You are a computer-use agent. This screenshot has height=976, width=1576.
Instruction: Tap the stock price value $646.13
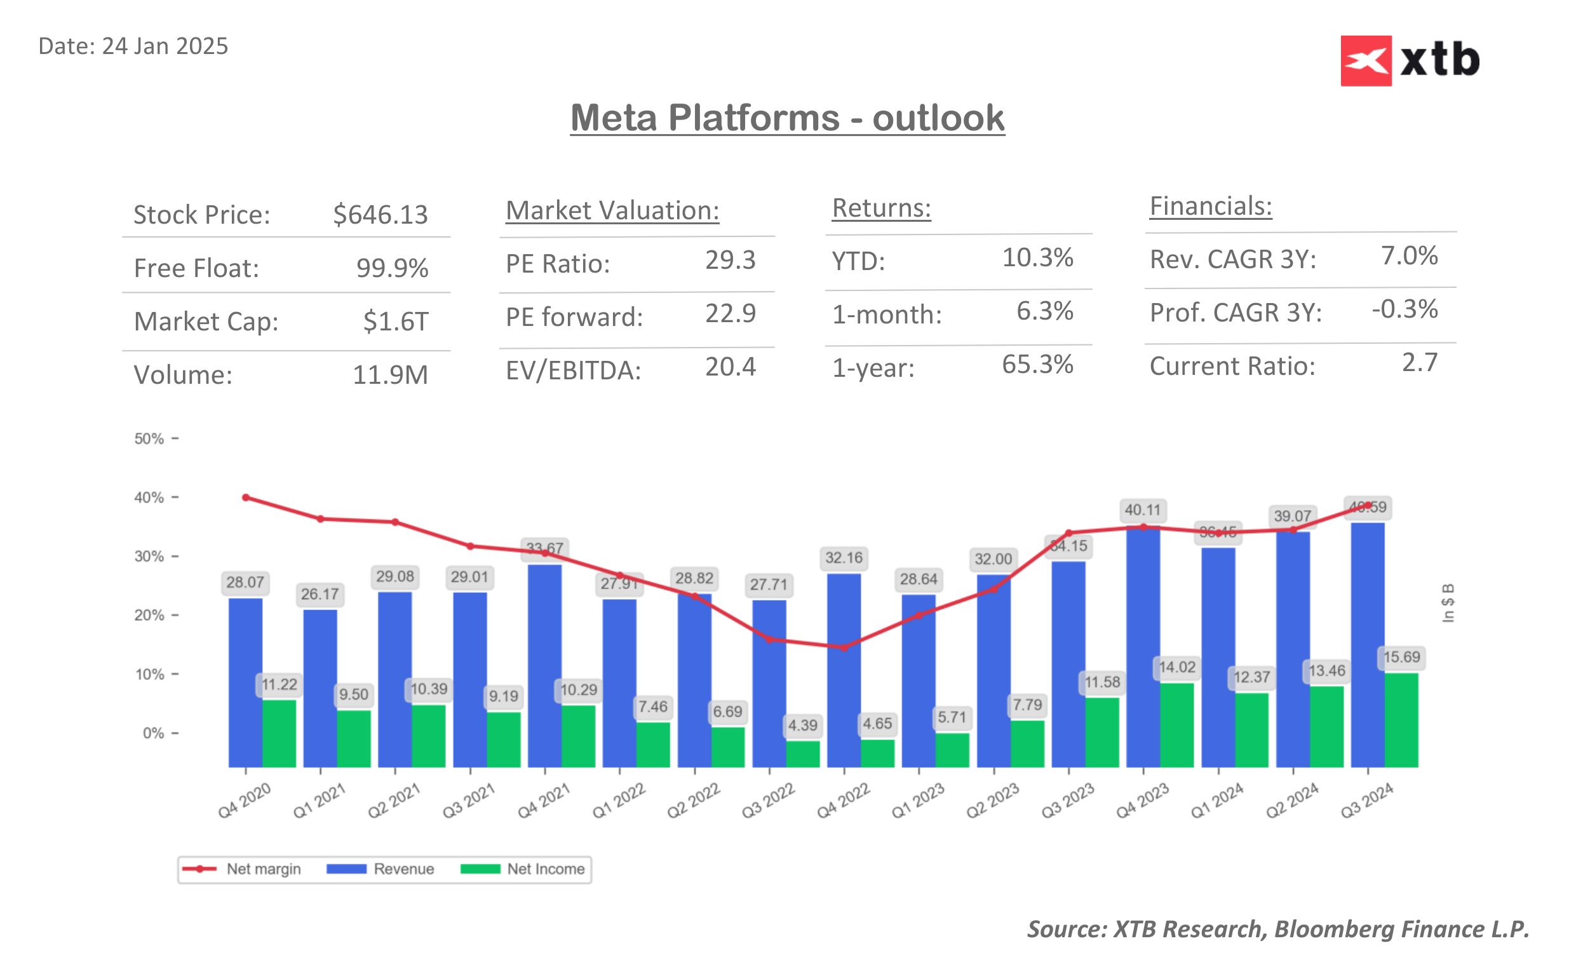[380, 214]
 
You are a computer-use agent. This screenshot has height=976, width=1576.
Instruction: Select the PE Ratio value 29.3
[730, 260]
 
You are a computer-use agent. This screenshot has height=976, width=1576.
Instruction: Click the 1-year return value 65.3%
[1037, 365]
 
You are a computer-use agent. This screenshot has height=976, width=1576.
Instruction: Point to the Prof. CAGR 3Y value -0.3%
[1404, 309]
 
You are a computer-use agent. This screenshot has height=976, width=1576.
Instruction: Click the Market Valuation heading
[612, 210]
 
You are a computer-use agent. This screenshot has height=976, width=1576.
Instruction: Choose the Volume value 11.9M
[389, 375]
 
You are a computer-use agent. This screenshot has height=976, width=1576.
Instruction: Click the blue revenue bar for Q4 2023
[1143, 646]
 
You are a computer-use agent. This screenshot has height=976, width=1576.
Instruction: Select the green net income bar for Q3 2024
[1401, 720]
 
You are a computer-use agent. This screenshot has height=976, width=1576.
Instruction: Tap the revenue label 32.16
[843, 558]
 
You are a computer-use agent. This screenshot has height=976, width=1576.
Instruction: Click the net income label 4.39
[802, 725]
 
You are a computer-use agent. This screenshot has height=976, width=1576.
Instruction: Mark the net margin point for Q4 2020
[246, 498]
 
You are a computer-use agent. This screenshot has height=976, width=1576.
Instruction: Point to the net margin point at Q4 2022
[844, 647]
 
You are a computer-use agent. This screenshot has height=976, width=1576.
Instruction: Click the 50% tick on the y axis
[149, 439]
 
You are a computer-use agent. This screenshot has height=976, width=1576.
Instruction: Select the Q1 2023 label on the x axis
[917, 801]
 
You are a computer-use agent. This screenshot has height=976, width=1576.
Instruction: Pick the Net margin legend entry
[242, 869]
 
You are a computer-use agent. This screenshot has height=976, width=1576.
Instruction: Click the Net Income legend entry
[523, 869]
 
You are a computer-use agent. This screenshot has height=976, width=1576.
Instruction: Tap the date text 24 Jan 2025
[165, 46]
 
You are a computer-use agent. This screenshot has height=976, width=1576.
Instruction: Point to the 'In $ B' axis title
[1448, 603]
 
